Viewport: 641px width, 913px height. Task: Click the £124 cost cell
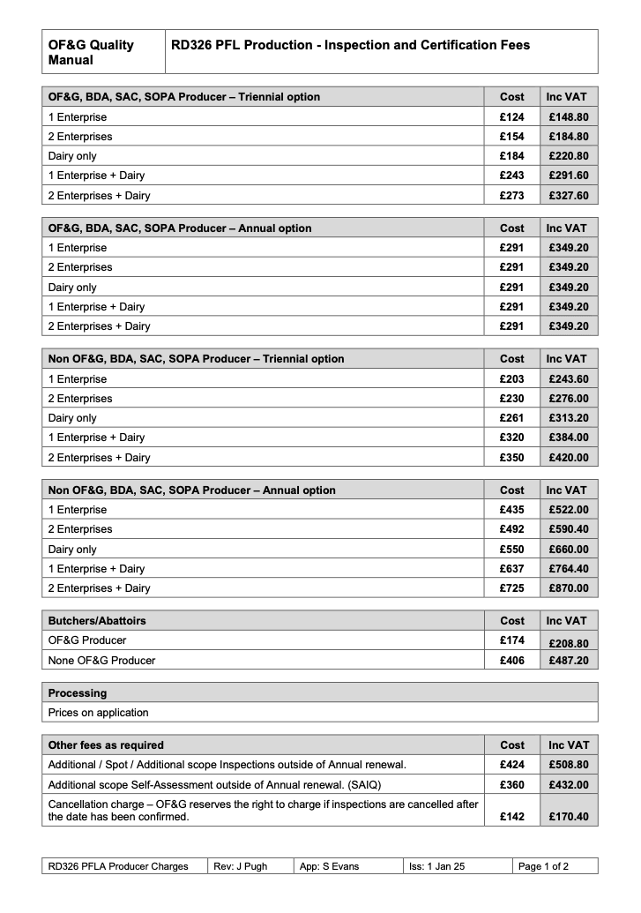point(511,116)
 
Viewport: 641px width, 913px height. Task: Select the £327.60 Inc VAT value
point(568,195)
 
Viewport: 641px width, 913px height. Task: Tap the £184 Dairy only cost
point(511,156)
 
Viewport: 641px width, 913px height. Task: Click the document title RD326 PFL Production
point(350,45)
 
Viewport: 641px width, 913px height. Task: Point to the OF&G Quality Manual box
point(103,52)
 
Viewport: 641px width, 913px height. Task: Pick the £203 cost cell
point(511,378)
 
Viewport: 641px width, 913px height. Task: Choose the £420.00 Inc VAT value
point(568,457)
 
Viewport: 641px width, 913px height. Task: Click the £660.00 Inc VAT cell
point(568,549)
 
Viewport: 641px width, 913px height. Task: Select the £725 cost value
point(511,587)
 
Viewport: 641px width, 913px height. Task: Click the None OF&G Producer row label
point(101,660)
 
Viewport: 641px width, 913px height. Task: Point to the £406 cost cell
point(511,660)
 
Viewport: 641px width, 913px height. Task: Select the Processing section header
point(78,692)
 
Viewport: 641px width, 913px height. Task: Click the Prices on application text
point(98,712)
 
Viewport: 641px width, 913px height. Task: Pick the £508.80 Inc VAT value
point(568,765)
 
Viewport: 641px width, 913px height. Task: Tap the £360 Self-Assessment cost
point(511,784)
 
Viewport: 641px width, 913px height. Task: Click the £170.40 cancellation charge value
point(568,816)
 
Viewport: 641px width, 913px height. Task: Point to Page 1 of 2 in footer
point(543,866)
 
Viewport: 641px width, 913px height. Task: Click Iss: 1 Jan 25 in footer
point(436,866)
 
